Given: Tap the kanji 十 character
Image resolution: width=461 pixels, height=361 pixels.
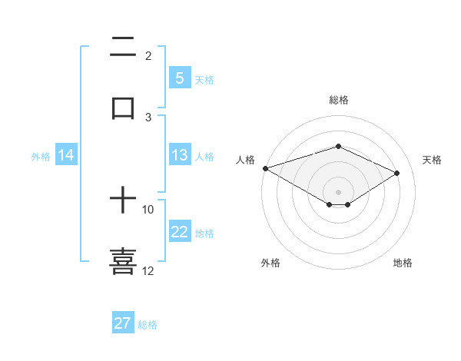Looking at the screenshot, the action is [123, 201].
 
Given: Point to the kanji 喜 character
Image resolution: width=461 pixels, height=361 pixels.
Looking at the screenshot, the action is [123, 260].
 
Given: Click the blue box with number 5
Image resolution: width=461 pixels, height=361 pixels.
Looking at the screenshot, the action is [179, 78].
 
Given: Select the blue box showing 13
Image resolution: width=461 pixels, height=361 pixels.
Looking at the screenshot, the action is [179, 155].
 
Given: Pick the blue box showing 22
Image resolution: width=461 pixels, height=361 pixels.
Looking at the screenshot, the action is [179, 232].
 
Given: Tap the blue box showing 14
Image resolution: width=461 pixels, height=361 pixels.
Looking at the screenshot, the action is [66, 155].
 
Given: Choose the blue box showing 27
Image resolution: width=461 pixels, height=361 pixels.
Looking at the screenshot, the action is [123, 323].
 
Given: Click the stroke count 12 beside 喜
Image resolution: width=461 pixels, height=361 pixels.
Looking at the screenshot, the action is [148, 270].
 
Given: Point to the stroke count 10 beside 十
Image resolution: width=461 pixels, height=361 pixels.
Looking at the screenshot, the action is [148, 209].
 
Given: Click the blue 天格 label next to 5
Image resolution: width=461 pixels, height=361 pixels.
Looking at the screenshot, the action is [204, 79].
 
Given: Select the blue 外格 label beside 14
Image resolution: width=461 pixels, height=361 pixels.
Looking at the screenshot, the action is [41, 156].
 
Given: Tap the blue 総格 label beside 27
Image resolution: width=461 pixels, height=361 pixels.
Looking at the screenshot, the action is [148, 325].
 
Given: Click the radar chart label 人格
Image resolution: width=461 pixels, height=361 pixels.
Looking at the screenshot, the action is [245, 160].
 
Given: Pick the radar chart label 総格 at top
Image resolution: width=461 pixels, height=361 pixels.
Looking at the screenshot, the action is [338, 100].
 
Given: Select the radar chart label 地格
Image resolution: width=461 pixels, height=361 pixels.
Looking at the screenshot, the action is [403, 263].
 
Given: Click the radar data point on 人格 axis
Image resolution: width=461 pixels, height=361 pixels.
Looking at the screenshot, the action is [265, 168].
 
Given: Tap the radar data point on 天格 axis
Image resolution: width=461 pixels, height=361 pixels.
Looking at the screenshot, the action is [397, 173].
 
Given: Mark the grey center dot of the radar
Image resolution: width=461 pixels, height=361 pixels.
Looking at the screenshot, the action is [338, 191].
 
